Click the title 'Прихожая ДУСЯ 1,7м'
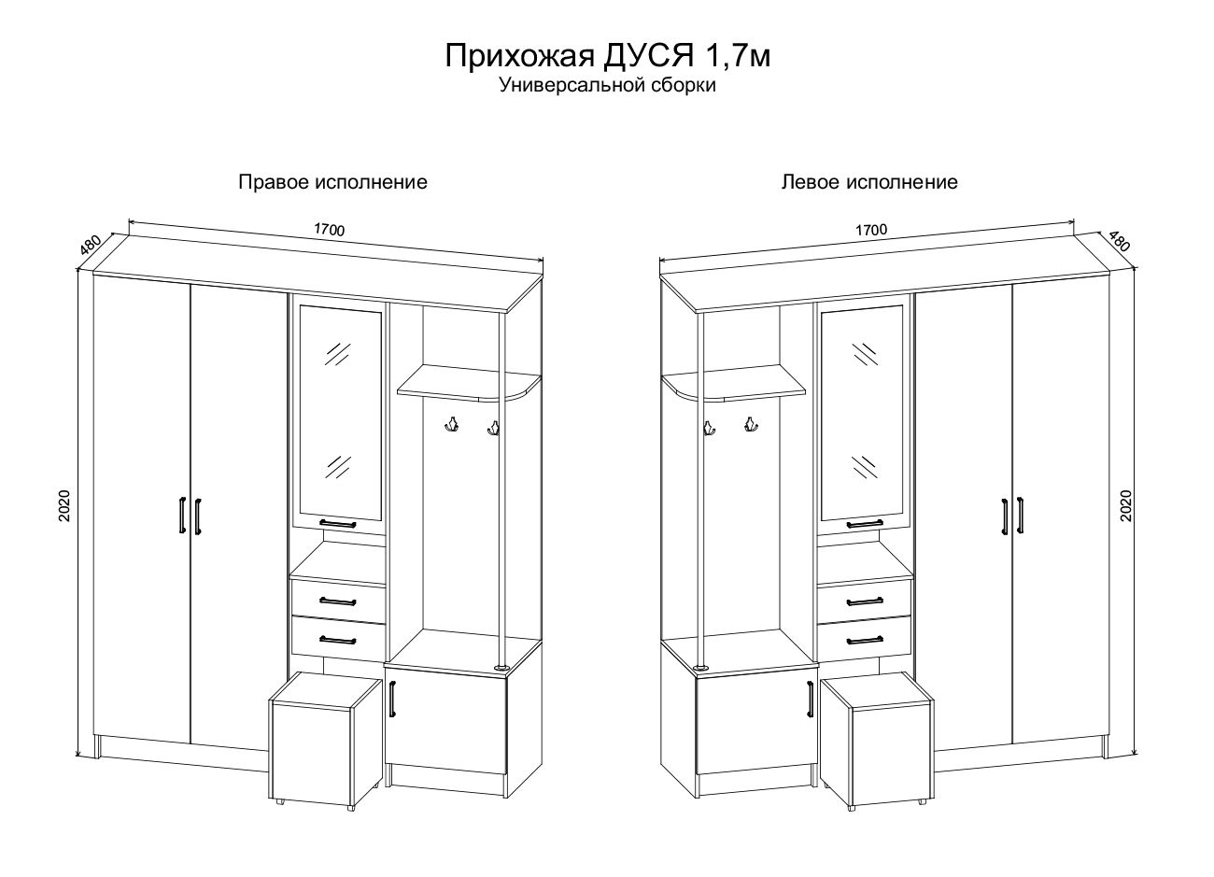[607, 56]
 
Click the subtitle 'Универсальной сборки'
[608, 86]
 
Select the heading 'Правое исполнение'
[332, 182]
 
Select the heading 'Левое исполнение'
[869, 182]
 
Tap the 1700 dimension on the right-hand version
[330, 230]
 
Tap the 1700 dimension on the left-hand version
[871, 230]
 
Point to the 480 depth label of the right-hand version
[91, 245]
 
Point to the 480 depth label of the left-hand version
[1119, 241]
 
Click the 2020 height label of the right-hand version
[64, 505]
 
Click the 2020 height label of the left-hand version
[1126, 505]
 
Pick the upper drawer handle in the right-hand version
[338, 601]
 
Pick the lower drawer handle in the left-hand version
[865, 640]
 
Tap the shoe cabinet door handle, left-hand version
[811, 700]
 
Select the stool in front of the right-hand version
[326, 741]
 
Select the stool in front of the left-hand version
[877, 741]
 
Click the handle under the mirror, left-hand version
[865, 524]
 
